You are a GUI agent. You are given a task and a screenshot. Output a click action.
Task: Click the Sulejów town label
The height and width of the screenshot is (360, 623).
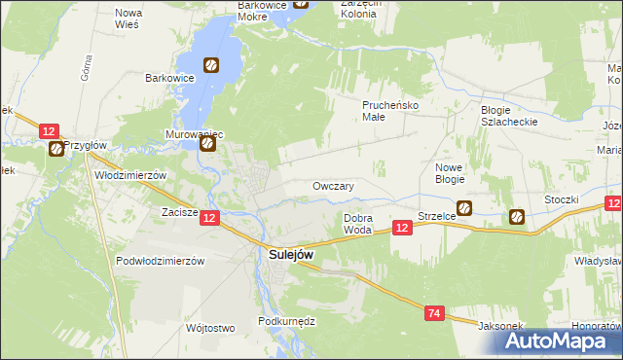[290, 255]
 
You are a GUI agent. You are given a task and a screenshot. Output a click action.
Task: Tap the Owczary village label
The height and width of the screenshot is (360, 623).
[333, 186]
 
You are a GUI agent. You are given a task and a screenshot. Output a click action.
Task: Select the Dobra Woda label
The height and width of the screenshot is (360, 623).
[358, 224]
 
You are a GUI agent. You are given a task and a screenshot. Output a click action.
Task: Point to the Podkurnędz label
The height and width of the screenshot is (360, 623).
[284, 320]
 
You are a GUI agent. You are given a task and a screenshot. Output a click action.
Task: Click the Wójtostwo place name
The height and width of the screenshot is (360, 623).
[210, 328]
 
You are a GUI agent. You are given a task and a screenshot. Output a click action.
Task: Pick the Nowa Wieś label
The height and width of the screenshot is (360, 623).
[128, 18]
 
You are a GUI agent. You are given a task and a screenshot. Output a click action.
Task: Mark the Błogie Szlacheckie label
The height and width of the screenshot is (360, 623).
[509, 116]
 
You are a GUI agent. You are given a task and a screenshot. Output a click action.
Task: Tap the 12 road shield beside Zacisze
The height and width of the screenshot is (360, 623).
[210, 220]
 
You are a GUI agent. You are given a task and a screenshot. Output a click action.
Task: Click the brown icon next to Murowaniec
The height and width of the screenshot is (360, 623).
[208, 144]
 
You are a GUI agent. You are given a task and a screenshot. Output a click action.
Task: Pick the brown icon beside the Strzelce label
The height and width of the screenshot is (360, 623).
[464, 208]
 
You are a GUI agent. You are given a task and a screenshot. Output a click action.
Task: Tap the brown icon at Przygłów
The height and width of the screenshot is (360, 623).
[56, 149]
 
